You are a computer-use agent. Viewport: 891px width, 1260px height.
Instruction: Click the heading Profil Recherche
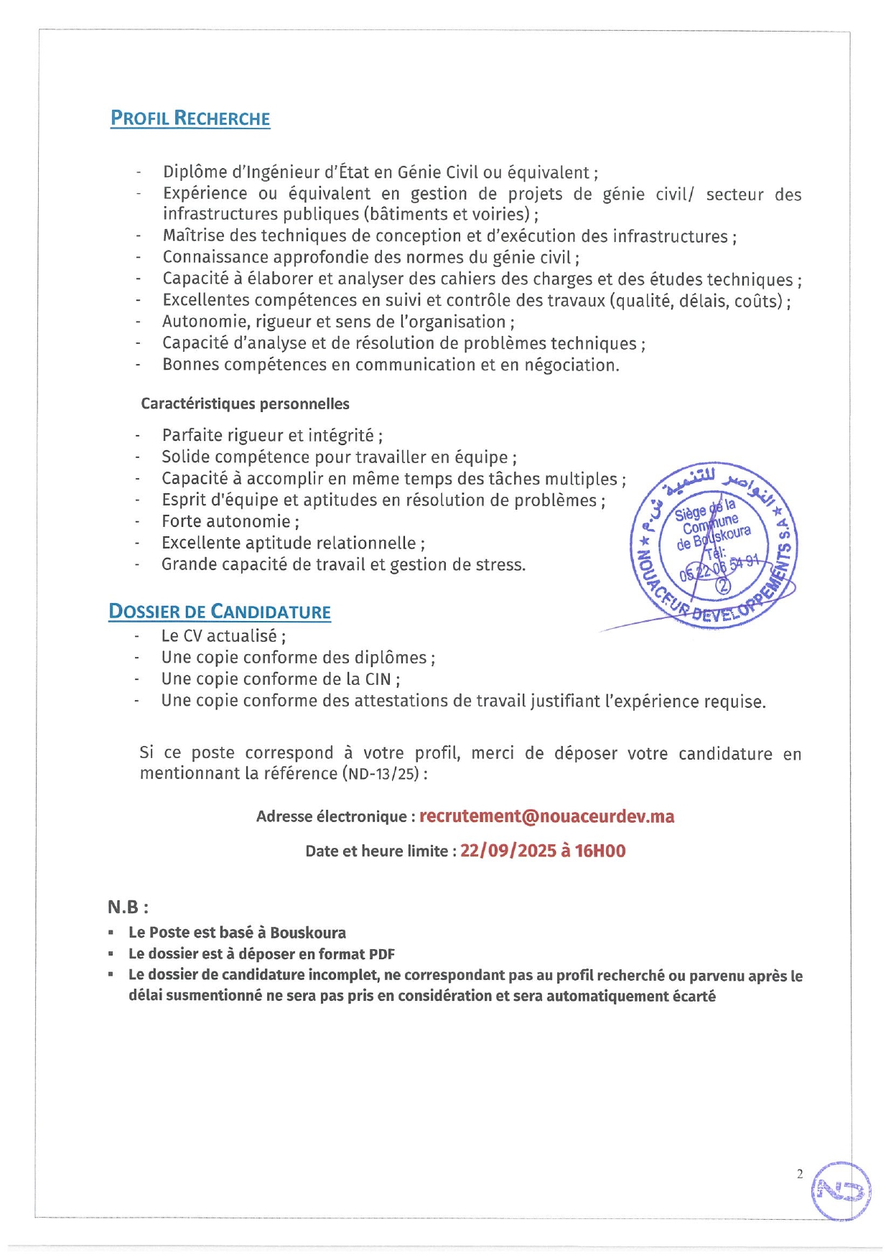pyautogui.click(x=190, y=118)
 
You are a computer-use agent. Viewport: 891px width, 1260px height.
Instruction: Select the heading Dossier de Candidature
pyautogui.click(x=220, y=612)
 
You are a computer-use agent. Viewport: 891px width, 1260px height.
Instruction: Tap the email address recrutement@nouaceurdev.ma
pyautogui.click(x=546, y=816)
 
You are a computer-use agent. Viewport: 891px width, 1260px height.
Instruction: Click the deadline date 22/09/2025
pyautogui.click(x=508, y=851)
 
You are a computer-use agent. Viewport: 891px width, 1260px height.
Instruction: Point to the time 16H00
pyautogui.click(x=600, y=851)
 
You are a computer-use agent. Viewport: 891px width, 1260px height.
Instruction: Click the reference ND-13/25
pyautogui.click(x=383, y=774)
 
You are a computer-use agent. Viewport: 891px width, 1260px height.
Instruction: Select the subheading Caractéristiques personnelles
pyautogui.click(x=245, y=403)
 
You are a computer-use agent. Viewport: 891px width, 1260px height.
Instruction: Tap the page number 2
pyautogui.click(x=800, y=1175)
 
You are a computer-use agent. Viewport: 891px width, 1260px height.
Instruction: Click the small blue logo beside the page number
pyautogui.click(x=841, y=1191)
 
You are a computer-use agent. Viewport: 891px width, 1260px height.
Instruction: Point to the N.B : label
pyautogui.click(x=128, y=907)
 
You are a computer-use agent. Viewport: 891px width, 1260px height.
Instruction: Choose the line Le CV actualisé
pyautogui.click(x=223, y=636)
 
